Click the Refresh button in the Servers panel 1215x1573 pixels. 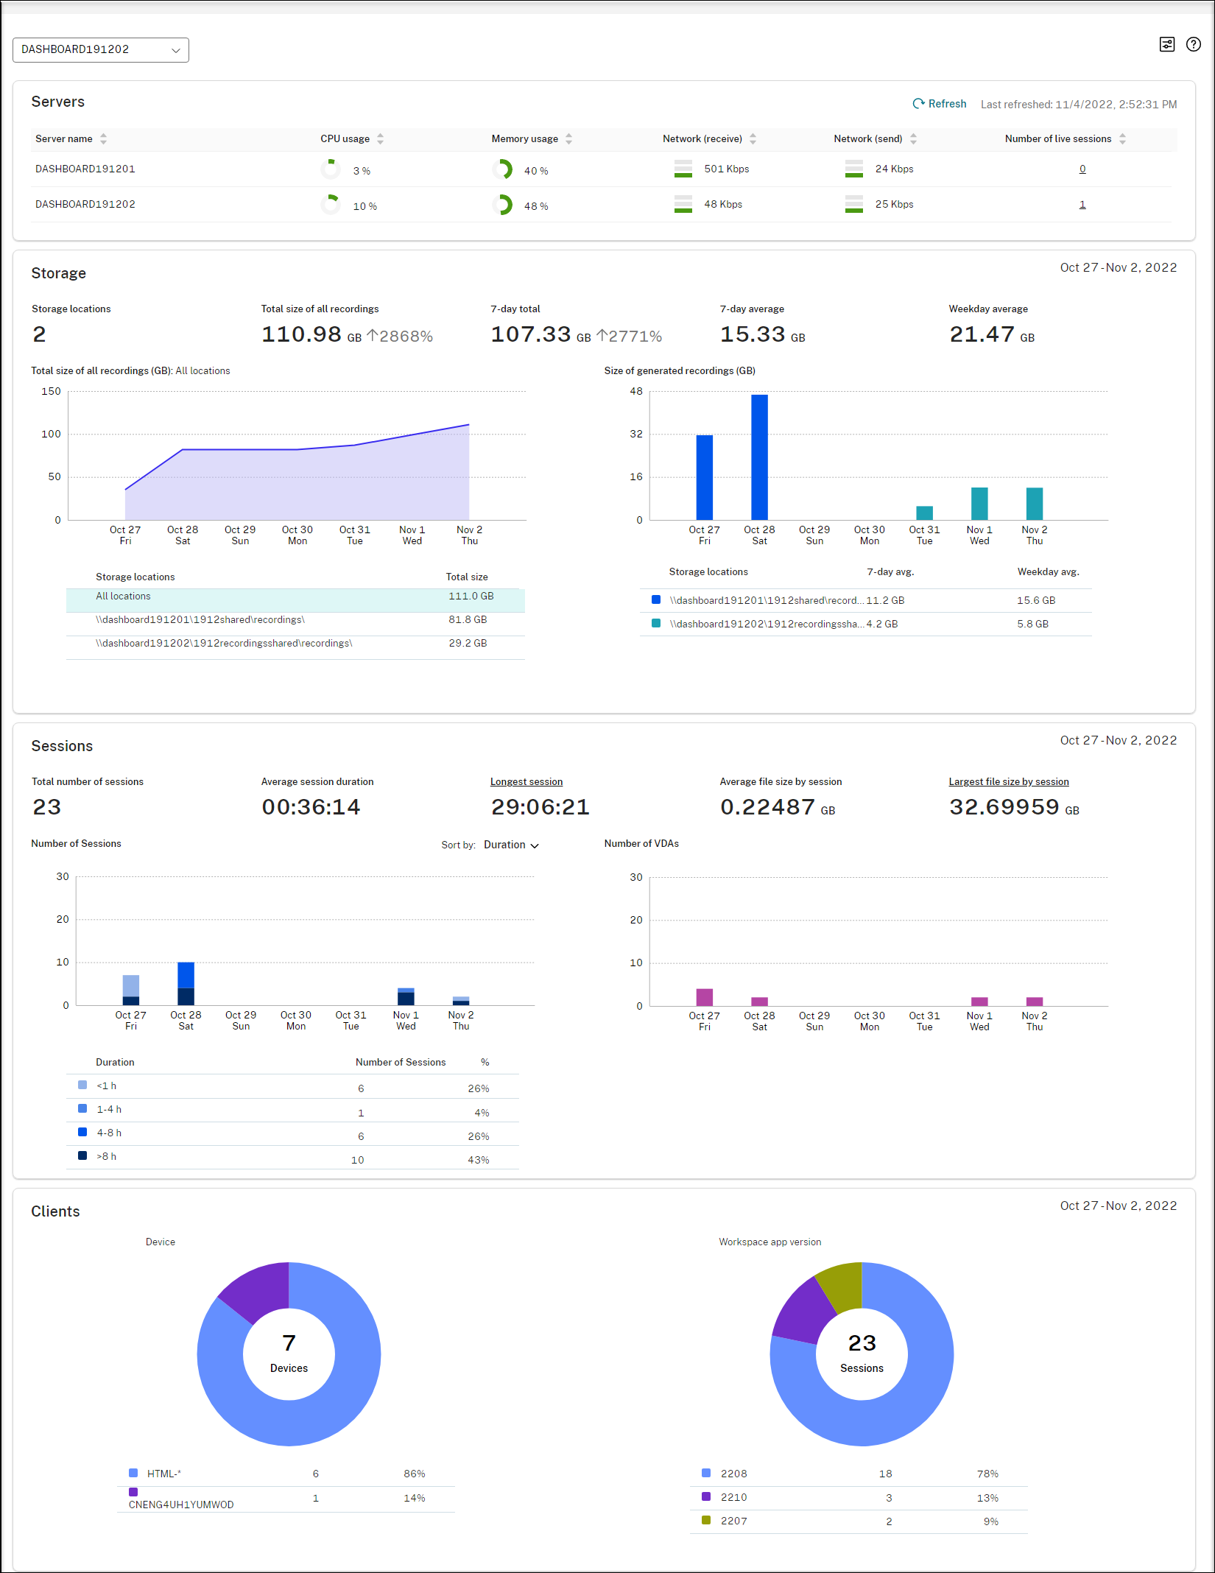pos(940,104)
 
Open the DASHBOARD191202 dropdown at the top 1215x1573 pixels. pos(101,50)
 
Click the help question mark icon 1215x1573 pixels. pos(1194,44)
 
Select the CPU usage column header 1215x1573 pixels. pos(345,138)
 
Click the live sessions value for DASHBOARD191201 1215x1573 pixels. pos(1082,169)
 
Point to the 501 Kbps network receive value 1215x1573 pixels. pos(726,169)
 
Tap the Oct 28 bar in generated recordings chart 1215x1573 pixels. pos(759,457)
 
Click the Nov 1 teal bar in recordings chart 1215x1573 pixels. pos(979,504)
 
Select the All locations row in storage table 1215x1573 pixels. pos(295,597)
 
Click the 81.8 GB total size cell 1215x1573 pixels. pos(468,620)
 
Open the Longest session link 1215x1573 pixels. pos(526,782)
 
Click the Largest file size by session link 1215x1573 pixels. pos(1009,782)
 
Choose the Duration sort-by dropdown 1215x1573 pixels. pos(511,845)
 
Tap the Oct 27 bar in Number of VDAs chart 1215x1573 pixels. pos(705,997)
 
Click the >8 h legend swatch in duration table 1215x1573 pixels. pos(82,1156)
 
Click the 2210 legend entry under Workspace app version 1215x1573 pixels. pos(733,1497)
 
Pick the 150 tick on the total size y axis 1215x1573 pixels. pos(51,392)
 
